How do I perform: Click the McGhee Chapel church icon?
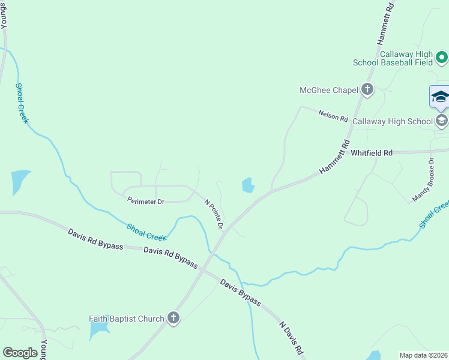(x=367, y=90)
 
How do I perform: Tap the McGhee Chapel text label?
(x=329, y=91)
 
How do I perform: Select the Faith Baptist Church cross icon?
(x=173, y=318)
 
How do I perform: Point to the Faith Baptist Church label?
(x=127, y=319)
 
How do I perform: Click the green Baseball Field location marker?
(x=442, y=58)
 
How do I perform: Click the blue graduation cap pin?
(x=440, y=97)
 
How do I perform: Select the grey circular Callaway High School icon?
(x=442, y=121)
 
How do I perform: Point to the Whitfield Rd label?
(x=372, y=153)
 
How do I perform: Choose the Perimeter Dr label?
(x=146, y=202)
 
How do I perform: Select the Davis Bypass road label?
(x=240, y=292)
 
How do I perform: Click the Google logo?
(x=20, y=352)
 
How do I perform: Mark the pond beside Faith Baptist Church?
(x=98, y=329)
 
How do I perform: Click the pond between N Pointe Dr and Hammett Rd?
(x=248, y=185)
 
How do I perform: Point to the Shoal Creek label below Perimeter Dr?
(x=146, y=232)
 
